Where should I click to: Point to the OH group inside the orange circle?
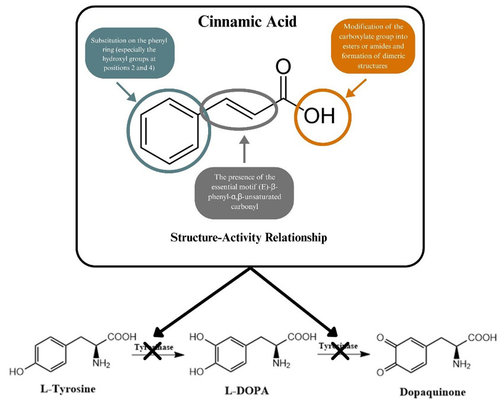(x=320, y=116)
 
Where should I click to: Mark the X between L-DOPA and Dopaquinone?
(x=339, y=352)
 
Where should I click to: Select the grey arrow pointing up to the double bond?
(x=244, y=148)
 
